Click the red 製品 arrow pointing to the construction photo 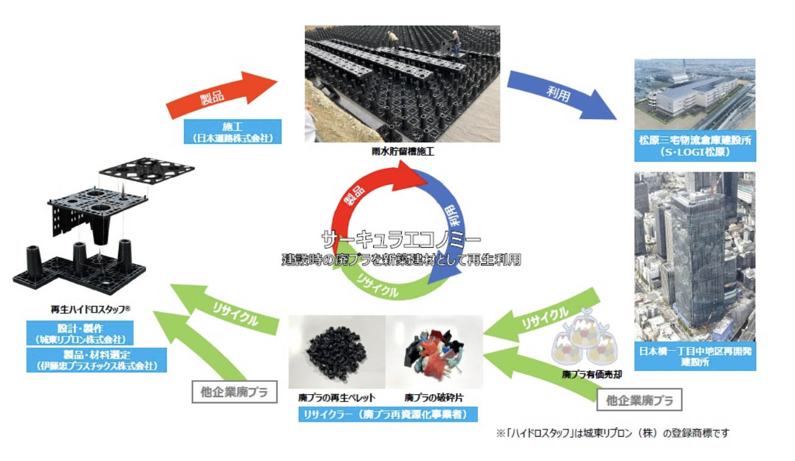(222, 94)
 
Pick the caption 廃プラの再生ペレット (337, 398)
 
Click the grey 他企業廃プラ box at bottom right (639, 400)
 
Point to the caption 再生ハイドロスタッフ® (92, 309)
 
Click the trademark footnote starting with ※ (612, 433)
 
